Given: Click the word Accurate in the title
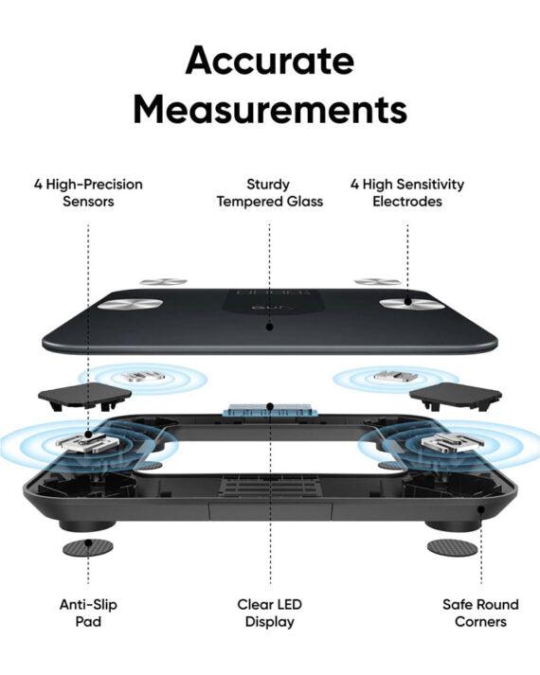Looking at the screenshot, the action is click(270, 60).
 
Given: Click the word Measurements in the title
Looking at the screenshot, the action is click(270, 109).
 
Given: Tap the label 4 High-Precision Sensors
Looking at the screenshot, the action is click(88, 192).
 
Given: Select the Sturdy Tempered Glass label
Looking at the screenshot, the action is click(270, 192).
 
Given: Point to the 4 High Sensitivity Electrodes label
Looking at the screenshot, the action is click(407, 192).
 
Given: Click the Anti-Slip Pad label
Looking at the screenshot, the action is click(88, 613).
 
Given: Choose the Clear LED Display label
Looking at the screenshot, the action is click(270, 613).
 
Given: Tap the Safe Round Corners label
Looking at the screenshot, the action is click(480, 613).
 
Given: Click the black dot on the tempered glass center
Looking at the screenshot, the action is click(270, 328).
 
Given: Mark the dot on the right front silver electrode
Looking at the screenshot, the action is click(407, 302).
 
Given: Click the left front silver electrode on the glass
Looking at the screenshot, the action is click(131, 305).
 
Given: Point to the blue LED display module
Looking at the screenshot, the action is click(270, 411).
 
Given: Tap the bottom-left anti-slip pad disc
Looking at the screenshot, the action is click(88, 548).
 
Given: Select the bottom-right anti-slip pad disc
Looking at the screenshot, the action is click(453, 548).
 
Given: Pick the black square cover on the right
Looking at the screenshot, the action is click(455, 396).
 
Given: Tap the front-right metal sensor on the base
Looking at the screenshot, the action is click(451, 442).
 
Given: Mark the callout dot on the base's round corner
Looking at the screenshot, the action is click(481, 509).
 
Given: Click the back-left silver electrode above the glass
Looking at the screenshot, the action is click(164, 282).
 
